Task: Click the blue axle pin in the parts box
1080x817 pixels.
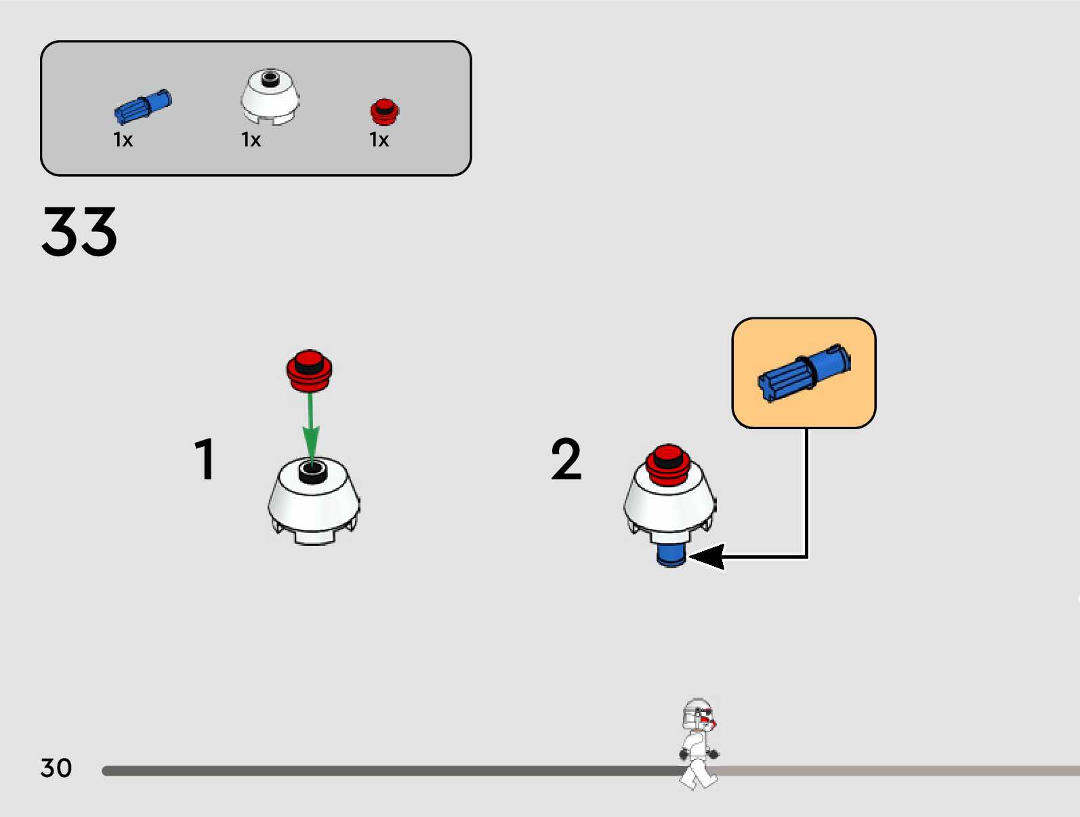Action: pyautogui.click(x=142, y=107)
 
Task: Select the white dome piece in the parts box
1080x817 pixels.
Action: pyautogui.click(x=270, y=98)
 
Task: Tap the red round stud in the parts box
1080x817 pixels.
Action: pyautogui.click(x=384, y=112)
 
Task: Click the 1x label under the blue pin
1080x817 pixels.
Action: pyautogui.click(x=123, y=140)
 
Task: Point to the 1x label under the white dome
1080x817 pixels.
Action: pyautogui.click(x=251, y=140)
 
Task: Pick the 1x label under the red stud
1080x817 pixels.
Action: pyautogui.click(x=379, y=140)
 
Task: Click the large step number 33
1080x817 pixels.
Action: pyautogui.click(x=79, y=232)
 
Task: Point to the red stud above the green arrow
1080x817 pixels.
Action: pyautogui.click(x=309, y=370)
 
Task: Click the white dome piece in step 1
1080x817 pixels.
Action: pyautogui.click(x=313, y=505)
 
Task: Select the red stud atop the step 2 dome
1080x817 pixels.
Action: pyautogui.click(x=668, y=464)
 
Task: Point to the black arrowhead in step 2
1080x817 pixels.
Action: pyautogui.click(x=707, y=557)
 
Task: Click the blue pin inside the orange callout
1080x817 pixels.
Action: pyautogui.click(x=804, y=373)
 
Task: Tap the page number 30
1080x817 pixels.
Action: pyautogui.click(x=56, y=768)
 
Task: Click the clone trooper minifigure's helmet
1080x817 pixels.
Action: pyautogui.click(x=697, y=715)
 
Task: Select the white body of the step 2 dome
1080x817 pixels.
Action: pyautogui.click(x=669, y=505)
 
